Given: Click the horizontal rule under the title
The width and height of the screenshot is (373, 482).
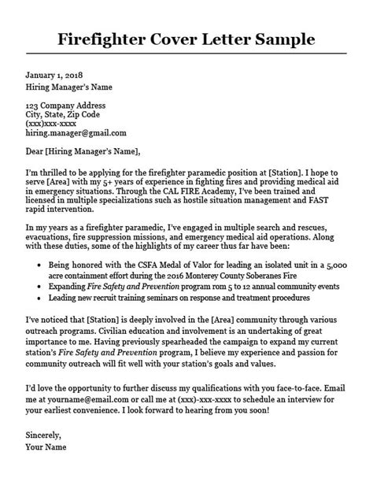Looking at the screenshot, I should coord(186,53).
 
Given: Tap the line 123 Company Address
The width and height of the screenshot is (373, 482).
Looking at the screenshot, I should coord(66,103).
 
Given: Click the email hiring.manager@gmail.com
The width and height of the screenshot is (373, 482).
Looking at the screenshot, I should coord(76,134).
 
